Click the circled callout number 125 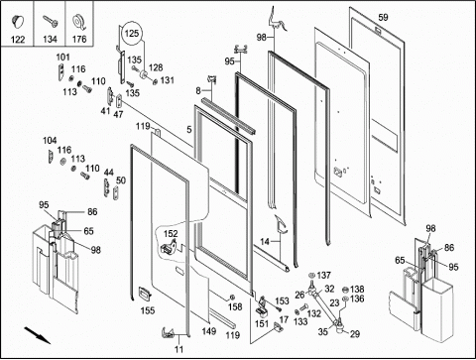(x=132, y=34)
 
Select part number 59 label (x=383, y=17)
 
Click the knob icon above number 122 (x=18, y=21)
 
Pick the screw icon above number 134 (x=51, y=22)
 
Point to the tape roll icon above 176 (x=79, y=22)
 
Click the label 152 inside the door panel (x=171, y=234)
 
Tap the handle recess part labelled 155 (x=145, y=294)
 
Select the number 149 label (x=209, y=331)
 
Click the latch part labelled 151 (x=263, y=307)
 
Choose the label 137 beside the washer (x=323, y=275)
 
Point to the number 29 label (x=355, y=334)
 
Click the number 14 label (x=265, y=242)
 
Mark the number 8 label (x=198, y=90)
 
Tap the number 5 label (x=189, y=129)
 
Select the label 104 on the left (x=50, y=141)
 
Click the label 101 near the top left (x=62, y=58)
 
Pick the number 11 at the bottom (x=178, y=349)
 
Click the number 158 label (x=235, y=306)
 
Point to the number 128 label (x=156, y=67)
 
